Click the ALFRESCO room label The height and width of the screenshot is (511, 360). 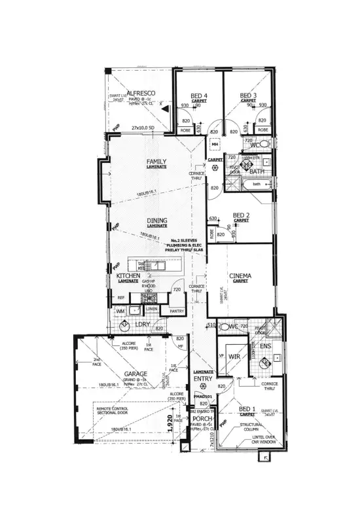[140, 94]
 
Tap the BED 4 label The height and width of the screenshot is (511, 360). [199, 96]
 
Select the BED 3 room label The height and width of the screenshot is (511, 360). [247, 96]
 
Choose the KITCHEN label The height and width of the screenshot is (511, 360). [128, 277]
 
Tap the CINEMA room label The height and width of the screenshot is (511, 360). [240, 276]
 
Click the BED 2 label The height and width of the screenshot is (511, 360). [242, 215]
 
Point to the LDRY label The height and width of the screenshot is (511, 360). [143, 324]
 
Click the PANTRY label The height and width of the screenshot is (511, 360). [176, 311]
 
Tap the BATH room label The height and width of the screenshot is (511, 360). [256, 172]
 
